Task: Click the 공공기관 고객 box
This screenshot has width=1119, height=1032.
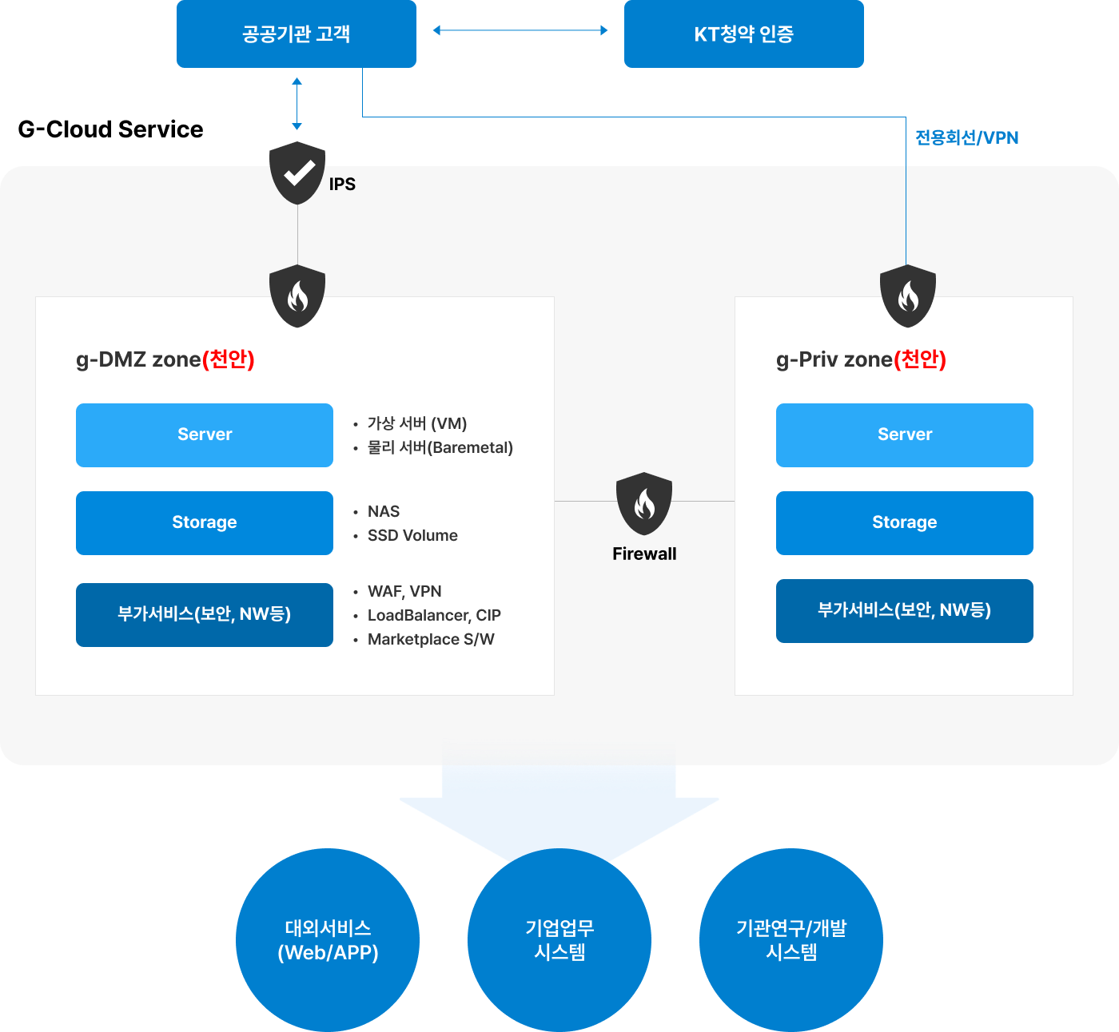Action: [296, 34]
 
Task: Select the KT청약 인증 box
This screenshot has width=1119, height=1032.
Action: [743, 34]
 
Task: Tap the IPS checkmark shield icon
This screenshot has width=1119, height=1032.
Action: [297, 173]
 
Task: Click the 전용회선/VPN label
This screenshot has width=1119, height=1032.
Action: [966, 137]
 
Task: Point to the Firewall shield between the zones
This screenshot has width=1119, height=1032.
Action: [644, 503]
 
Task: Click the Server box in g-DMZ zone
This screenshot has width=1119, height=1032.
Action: [205, 435]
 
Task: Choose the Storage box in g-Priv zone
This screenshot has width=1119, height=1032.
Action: [904, 522]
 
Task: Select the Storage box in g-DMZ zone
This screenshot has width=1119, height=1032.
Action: [205, 522]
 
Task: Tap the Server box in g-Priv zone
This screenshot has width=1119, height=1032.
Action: [904, 435]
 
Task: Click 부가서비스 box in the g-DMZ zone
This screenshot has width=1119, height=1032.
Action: [205, 614]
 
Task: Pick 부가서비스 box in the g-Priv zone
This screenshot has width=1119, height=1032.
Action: [904, 610]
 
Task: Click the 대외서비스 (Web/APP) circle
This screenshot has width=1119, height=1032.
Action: [328, 940]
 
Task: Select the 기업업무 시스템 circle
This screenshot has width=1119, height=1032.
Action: [559, 940]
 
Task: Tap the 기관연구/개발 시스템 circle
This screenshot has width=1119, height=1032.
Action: [791, 940]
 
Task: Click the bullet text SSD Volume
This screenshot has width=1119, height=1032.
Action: [412, 535]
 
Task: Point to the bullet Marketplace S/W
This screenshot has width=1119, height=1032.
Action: [431, 639]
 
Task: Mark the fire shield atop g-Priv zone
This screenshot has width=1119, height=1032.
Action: [907, 296]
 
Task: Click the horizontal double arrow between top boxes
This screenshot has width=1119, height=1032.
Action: [520, 30]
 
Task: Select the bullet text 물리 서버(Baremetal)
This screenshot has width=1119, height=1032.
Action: [440, 447]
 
